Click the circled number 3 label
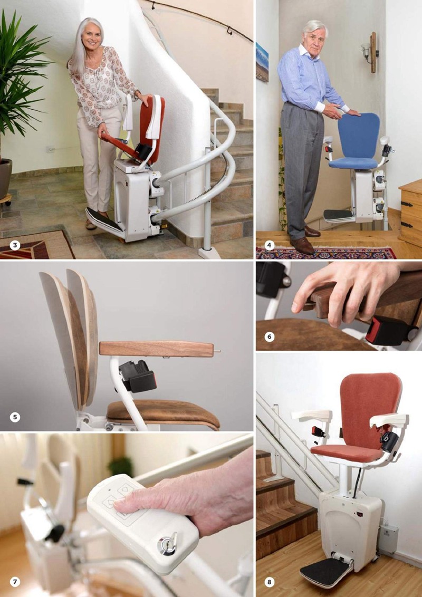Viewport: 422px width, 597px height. tap(15, 245)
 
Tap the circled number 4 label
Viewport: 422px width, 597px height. tap(269, 245)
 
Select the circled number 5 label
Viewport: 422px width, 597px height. tap(15, 417)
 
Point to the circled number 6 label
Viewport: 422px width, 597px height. tap(269, 336)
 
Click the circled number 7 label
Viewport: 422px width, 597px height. tap(15, 582)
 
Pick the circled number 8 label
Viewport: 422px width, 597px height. tap(269, 582)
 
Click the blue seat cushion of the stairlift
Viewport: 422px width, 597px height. tap(353, 163)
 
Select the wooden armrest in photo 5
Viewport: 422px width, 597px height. tap(156, 349)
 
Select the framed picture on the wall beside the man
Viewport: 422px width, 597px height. tap(262, 62)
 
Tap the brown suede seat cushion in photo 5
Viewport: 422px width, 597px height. tap(164, 414)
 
